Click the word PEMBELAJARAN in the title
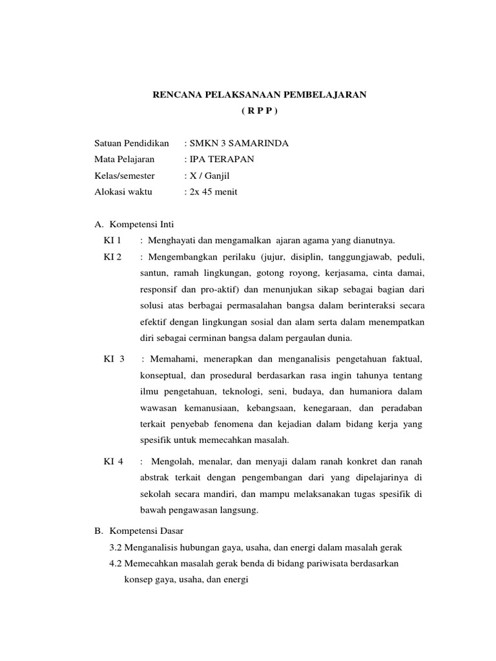[329, 95]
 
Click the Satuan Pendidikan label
[131, 143]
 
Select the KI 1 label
[112, 241]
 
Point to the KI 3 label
[114, 358]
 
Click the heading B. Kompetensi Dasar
[139, 531]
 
